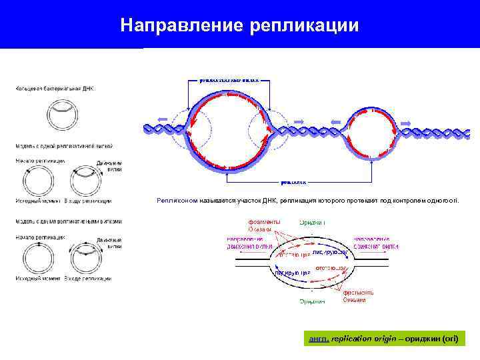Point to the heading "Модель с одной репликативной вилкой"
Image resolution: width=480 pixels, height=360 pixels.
[64, 145]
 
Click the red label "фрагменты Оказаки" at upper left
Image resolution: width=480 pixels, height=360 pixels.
[259, 225]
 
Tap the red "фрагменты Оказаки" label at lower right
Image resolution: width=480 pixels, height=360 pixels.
[358, 296]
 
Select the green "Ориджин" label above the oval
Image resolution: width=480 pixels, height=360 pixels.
[312, 222]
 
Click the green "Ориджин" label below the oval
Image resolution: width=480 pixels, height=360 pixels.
[312, 301]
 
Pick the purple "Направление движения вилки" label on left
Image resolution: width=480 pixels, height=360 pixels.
[245, 242]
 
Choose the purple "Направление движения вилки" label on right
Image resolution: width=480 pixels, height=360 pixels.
[376, 242]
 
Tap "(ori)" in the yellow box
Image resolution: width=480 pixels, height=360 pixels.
[449, 339]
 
